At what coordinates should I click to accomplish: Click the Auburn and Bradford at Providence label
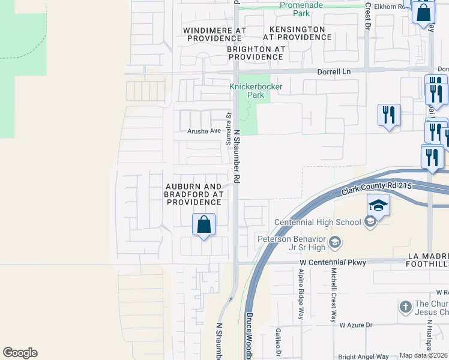point(194,194)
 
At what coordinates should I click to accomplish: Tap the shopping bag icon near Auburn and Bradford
point(204,225)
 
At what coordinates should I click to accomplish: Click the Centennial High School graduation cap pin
point(379,206)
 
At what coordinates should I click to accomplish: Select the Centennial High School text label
point(318,222)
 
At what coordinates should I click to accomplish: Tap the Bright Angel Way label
point(364,356)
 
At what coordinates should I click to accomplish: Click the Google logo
point(20,353)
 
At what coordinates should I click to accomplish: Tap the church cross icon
point(406,307)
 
